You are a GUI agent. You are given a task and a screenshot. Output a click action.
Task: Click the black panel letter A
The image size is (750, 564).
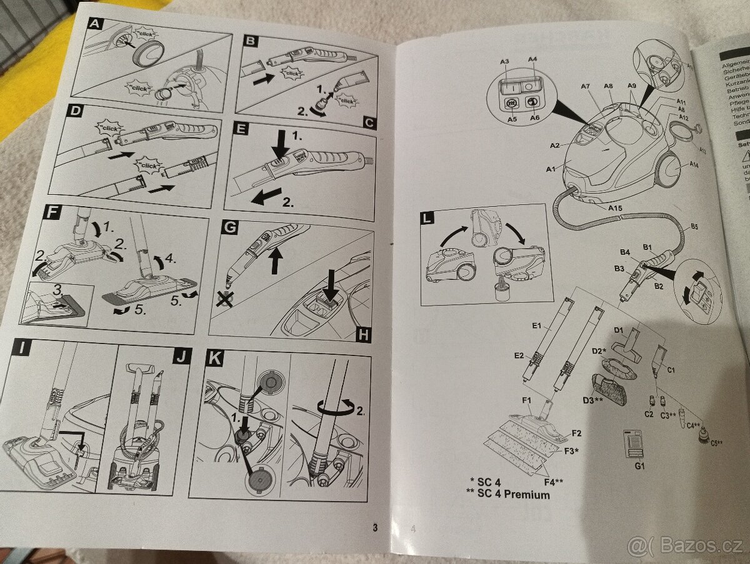click(94, 24)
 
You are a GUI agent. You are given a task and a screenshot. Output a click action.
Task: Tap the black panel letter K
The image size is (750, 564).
click(214, 357)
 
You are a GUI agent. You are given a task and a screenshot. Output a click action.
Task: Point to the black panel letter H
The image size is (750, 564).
click(362, 335)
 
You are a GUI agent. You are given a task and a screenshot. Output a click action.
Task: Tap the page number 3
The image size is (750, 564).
click(375, 527)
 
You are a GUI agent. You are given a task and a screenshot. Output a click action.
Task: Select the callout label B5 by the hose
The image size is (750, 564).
click(694, 227)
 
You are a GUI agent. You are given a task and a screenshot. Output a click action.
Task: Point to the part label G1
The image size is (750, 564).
click(639, 465)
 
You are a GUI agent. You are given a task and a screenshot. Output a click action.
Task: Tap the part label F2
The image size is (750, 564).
click(576, 433)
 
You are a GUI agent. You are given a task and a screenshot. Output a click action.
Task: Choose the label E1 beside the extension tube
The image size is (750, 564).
click(536, 326)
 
